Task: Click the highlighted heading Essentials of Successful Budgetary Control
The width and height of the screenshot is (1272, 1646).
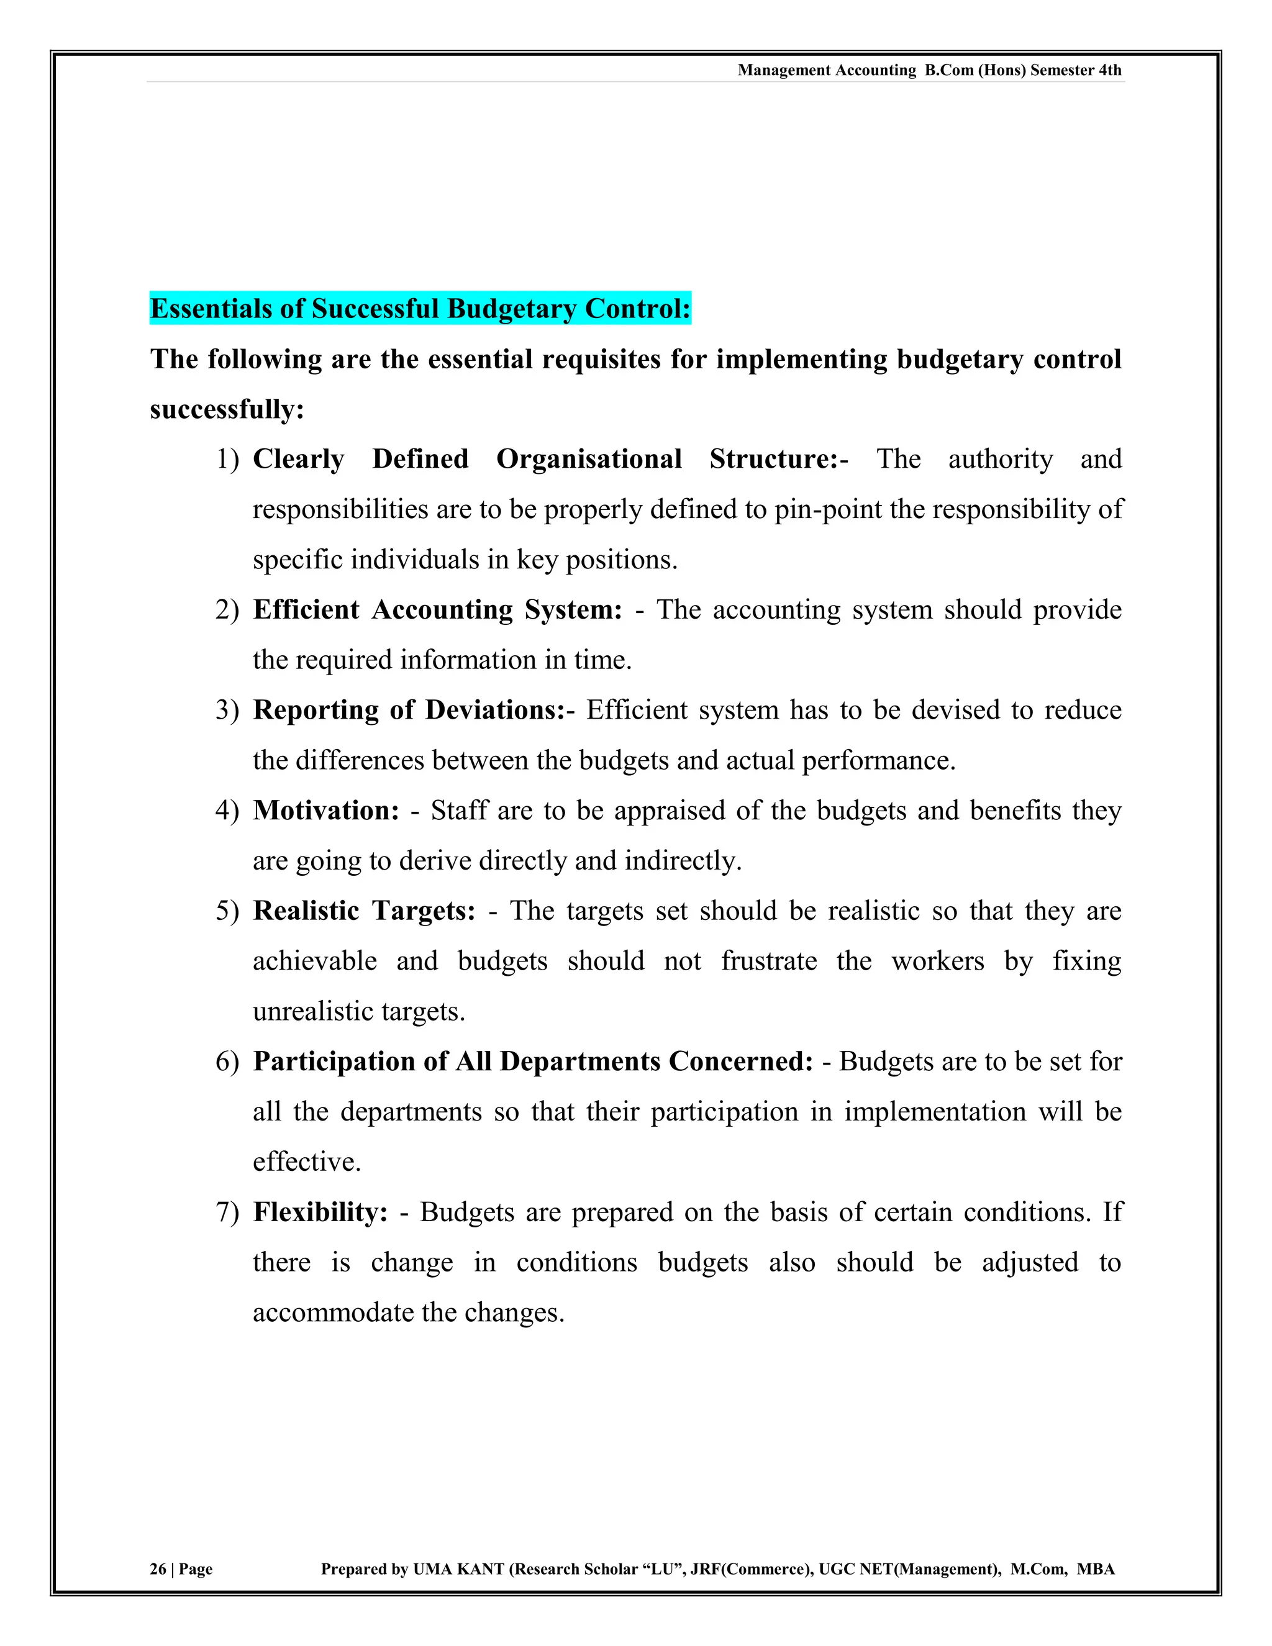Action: [420, 309]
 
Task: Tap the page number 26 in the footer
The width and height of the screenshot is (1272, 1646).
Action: [158, 1568]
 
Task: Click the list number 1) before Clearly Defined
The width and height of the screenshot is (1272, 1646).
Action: [227, 459]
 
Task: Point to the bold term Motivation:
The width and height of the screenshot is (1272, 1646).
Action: [325, 810]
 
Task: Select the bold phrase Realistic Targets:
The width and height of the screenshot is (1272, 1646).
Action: [364, 911]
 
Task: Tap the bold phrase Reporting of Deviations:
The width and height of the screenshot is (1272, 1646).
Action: [409, 710]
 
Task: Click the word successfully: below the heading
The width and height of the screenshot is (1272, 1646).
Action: [227, 410]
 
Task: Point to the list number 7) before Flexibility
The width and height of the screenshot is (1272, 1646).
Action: [227, 1212]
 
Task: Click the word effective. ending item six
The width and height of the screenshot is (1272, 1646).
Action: [307, 1162]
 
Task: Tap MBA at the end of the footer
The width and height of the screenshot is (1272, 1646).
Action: [1095, 1568]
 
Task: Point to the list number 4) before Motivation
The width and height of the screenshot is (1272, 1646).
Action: [227, 810]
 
